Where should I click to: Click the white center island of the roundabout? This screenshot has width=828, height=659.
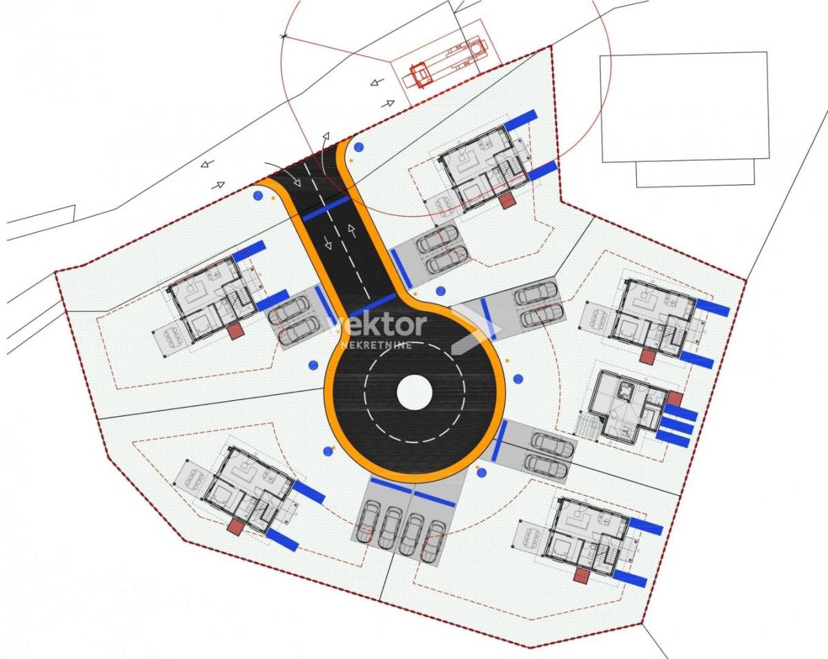click(x=415, y=393)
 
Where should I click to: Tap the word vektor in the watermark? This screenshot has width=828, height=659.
click(x=377, y=324)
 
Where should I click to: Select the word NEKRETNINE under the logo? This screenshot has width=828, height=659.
click(x=376, y=345)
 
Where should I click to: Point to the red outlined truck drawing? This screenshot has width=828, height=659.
click(x=448, y=61)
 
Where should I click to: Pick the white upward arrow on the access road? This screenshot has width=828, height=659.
click(x=352, y=231)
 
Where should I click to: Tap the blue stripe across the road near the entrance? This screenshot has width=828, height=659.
click(x=326, y=208)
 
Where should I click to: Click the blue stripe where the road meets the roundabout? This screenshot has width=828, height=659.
click(x=373, y=305)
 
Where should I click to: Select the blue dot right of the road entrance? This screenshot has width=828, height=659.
click(x=359, y=147)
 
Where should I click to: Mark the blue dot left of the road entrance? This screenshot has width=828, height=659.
click(x=258, y=196)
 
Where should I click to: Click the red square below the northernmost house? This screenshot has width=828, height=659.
click(x=508, y=201)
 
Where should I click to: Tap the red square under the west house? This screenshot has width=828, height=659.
click(x=235, y=331)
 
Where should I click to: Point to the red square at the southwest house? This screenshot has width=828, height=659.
click(x=235, y=527)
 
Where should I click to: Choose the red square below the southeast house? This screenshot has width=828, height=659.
click(x=582, y=576)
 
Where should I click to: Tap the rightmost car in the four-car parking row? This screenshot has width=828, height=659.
click(x=433, y=541)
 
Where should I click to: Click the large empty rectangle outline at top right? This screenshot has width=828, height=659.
click(x=684, y=107)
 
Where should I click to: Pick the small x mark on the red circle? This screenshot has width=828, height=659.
click(x=284, y=36)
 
